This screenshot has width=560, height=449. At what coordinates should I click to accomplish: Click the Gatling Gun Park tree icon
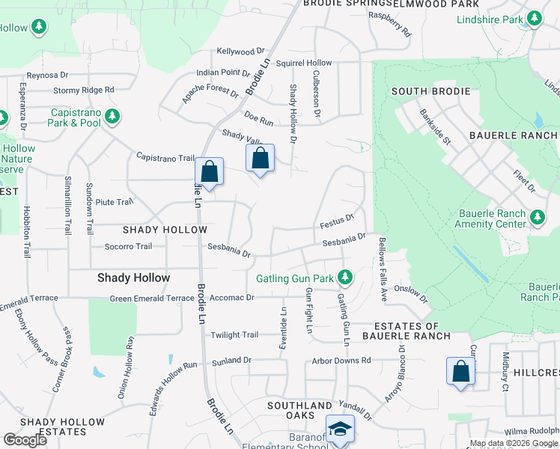point(344,278)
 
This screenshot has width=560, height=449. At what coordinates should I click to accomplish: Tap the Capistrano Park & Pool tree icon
point(112,116)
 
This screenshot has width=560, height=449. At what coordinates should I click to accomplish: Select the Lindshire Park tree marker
point(535,19)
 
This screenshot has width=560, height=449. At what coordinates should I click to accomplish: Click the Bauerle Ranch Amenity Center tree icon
point(537,218)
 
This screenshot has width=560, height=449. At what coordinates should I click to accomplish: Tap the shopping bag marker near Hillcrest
point(460,371)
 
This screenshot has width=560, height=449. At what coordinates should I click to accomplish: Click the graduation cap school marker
point(340,429)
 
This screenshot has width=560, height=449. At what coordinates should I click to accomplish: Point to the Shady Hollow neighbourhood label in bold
point(133,278)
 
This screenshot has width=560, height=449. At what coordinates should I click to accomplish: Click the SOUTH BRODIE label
point(430,91)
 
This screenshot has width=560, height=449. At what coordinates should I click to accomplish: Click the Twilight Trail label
point(234,335)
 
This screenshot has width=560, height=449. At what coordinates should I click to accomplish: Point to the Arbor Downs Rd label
point(341,360)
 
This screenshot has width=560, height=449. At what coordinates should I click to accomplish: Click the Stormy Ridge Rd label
point(83,90)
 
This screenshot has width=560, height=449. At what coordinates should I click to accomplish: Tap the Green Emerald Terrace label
point(152,299)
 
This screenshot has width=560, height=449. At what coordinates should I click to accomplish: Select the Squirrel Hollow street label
point(303,63)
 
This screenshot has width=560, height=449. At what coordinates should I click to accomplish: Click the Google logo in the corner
point(25,439)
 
